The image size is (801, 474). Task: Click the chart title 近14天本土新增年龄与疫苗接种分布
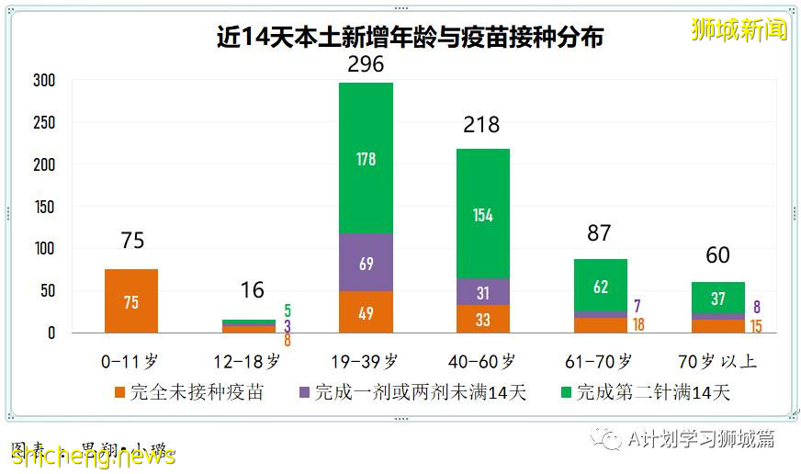pyautogui.click(x=410, y=39)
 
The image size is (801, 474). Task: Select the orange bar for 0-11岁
pyautogui.click(x=131, y=301)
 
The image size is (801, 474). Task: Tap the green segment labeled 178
pyautogui.click(x=366, y=158)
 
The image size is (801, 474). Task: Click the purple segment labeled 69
pyautogui.click(x=366, y=263)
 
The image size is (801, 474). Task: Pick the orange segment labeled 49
pyautogui.click(x=366, y=312)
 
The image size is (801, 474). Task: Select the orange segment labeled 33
pyautogui.click(x=483, y=319)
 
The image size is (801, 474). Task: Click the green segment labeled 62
pyautogui.click(x=601, y=286)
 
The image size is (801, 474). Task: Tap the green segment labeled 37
pyautogui.click(x=717, y=298)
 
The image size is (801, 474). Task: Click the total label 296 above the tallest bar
pyautogui.click(x=366, y=64)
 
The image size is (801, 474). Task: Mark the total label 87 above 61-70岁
pyautogui.click(x=599, y=233)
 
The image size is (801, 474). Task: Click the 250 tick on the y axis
pyautogui.click(x=44, y=123)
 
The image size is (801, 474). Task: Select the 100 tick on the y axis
pyautogui.click(x=44, y=249)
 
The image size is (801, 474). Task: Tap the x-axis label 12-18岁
pyautogui.click(x=248, y=361)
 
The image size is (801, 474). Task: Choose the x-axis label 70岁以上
pyautogui.click(x=719, y=361)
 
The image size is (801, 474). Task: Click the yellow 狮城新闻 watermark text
pyautogui.click(x=739, y=29)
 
